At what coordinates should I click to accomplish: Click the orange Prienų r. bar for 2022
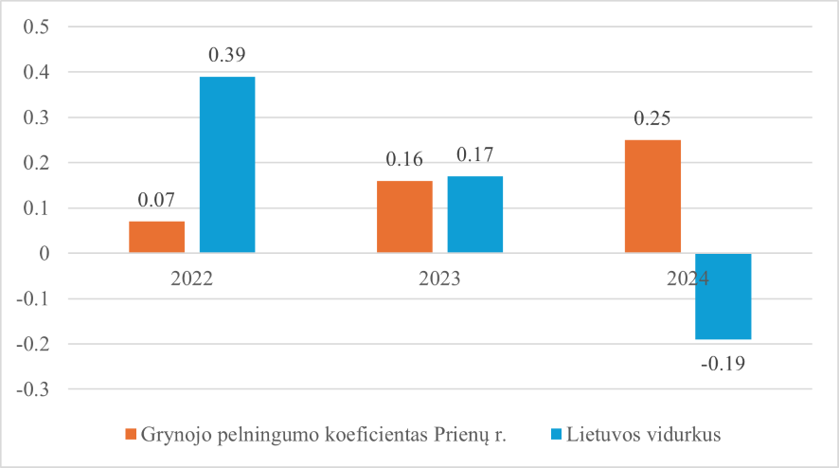156,237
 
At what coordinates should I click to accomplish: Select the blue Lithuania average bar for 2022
227,165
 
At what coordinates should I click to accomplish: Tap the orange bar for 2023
404,217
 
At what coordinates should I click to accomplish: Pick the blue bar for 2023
475,214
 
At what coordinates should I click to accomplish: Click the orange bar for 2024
652,196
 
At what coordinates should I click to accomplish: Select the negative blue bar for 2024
723,296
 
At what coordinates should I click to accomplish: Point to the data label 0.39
227,55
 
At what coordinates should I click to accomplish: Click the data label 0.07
156,201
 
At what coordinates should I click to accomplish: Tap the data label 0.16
404,159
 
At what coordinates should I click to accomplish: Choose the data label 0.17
475,154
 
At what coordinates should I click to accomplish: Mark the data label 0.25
652,118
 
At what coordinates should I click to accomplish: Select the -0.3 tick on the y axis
33,389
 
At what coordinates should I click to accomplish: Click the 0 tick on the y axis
44,253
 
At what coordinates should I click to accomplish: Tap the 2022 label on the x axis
192,280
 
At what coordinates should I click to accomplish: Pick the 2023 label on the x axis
440,280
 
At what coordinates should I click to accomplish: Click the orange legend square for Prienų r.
132,435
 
